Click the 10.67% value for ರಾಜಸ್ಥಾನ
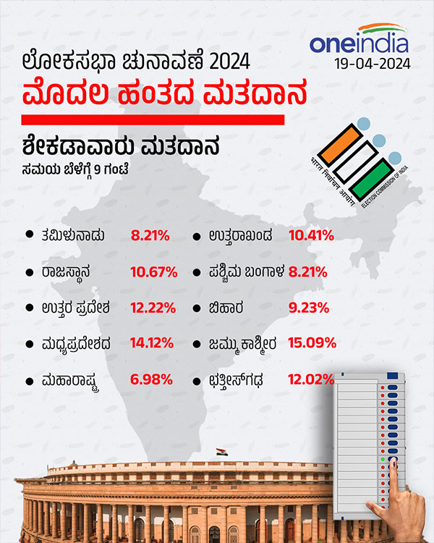154,272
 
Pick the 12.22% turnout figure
153,307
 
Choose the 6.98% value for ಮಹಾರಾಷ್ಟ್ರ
150,378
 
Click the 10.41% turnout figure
310,235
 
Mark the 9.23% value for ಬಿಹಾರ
308,307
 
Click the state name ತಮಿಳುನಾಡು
77,235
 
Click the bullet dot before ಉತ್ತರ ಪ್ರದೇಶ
29,306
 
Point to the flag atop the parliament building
219,452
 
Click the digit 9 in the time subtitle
101,171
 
